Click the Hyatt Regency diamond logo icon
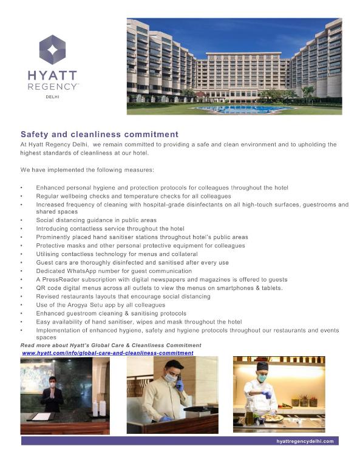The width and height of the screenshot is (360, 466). (x=52, y=50)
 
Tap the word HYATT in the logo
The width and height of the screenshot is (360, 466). (x=52, y=76)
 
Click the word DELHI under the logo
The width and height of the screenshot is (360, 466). (x=52, y=96)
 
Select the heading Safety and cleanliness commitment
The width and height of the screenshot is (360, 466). (x=99, y=134)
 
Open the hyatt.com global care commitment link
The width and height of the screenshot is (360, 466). (x=107, y=353)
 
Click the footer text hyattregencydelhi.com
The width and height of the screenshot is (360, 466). (x=304, y=441)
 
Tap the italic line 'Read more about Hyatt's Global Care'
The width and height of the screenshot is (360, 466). (x=110, y=345)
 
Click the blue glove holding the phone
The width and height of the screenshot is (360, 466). (x=179, y=386)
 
